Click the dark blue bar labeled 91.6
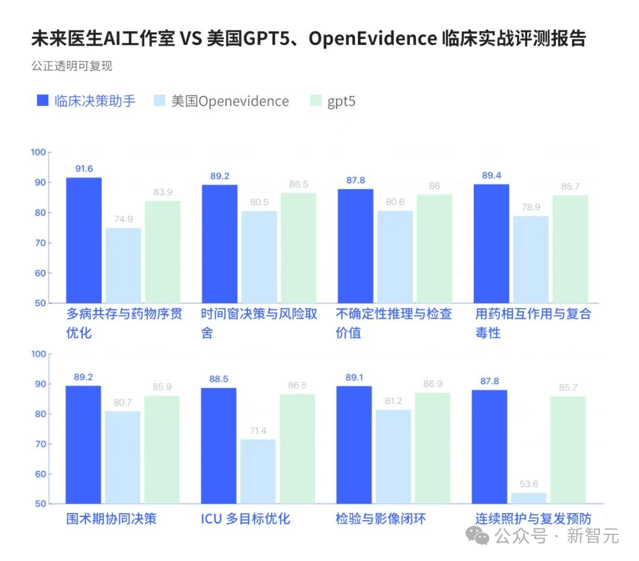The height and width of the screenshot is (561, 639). click(x=83, y=240)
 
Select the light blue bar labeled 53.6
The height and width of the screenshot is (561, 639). click(x=528, y=498)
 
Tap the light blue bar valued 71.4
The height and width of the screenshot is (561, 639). click(x=257, y=471)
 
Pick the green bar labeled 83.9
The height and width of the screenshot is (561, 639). click(x=162, y=252)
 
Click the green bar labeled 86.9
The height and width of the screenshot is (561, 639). click(x=433, y=448)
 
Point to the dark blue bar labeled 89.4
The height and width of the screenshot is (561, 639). click(x=491, y=243)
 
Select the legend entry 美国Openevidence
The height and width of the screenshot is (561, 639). click(x=221, y=101)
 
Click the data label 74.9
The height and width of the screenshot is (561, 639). click(x=123, y=220)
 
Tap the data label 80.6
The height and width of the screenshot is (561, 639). click(x=395, y=202)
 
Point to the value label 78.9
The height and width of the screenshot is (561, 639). click(x=530, y=207)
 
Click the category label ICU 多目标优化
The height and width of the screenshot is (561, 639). click(x=246, y=519)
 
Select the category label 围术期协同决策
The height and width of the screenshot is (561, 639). click(x=111, y=519)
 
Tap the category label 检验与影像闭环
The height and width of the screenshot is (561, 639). click(x=380, y=519)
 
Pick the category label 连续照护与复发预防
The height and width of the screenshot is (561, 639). click(x=533, y=519)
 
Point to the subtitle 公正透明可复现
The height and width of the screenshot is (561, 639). click(x=72, y=66)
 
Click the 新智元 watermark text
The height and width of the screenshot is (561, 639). click(x=593, y=536)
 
